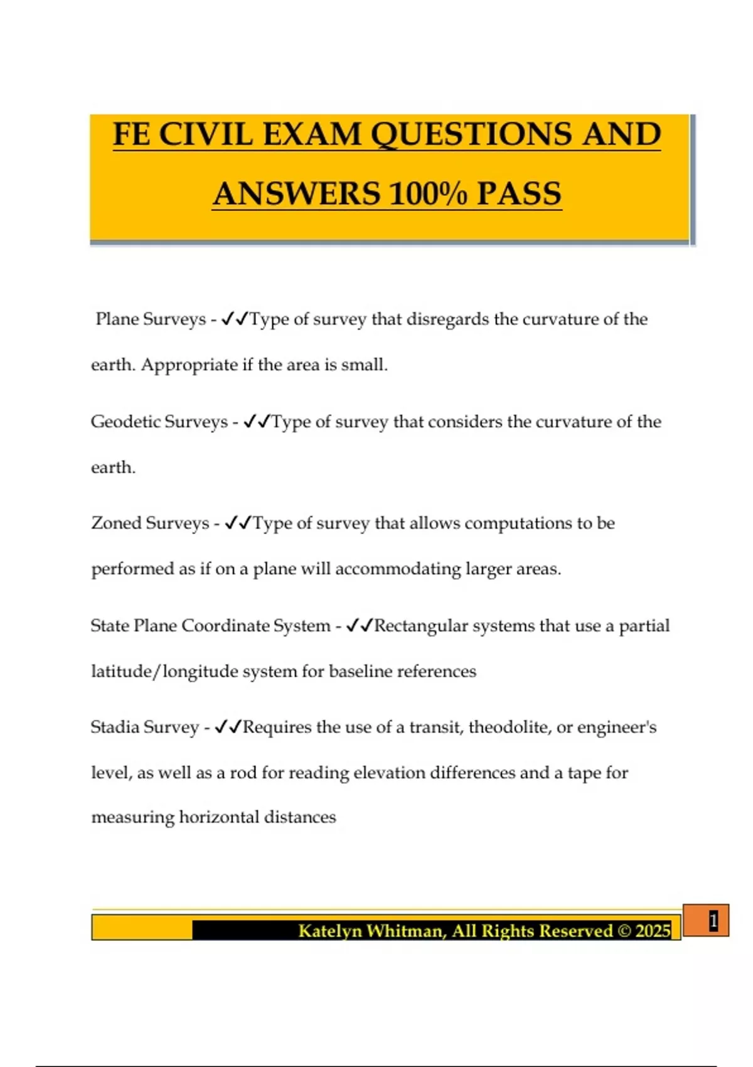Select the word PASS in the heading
point(519,193)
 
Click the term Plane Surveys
point(151,319)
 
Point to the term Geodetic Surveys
point(159,421)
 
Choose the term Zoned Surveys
point(150,523)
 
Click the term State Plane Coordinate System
point(210,625)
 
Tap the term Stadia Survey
point(144,727)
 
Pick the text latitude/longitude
point(164,671)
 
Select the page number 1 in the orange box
point(713,921)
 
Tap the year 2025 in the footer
point(653,930)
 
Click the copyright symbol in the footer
point(624,930)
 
